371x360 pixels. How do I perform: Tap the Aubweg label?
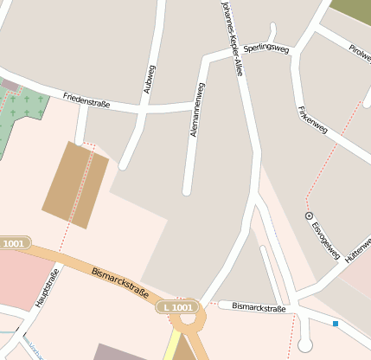pyautogui.click(x=150, y=79)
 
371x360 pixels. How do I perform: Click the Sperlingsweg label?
pyautogui.click(x=265, y=48)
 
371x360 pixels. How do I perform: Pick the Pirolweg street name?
pyautogui.click(x=359, y=52)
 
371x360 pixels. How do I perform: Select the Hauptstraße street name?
pyautogui.click(x=47, y=289)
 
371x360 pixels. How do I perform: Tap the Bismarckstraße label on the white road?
pyautogui.click(x=259, y=308)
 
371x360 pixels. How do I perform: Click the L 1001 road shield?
pyautogui.click(x=177, y=307)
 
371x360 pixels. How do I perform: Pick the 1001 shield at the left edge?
pyautogui.click(x=14, y=244)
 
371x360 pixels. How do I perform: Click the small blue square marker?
pyautogui.click(x=336, y=324)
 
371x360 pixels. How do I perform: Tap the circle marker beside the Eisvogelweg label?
pyautogui.click(x=310, y=215)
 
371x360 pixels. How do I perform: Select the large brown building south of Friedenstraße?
pyautogui.click(x=76, y=184)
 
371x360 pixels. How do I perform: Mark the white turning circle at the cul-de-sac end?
pyautogui.click(x=304, y=345)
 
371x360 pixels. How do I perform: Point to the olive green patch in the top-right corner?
pyautogui.click(x=351, y=11)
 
